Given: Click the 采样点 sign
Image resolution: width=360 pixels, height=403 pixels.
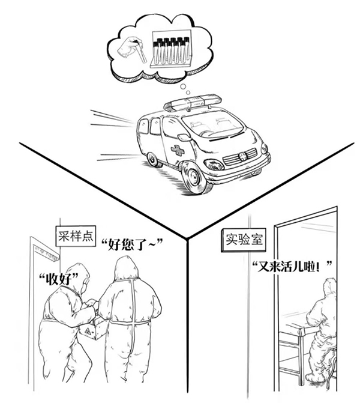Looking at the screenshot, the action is (76, 236).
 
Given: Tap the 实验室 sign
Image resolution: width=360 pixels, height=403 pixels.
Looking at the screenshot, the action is (244, 240).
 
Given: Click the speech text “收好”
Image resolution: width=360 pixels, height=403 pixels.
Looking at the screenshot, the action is (58, 278).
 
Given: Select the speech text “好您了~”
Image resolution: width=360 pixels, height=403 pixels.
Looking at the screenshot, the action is (132, 244).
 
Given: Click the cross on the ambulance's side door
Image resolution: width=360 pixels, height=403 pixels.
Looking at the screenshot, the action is (178, 150).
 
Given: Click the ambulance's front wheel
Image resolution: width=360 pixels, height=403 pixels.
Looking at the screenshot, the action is (193, 177).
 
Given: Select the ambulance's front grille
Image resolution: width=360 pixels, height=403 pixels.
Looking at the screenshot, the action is (239, 156).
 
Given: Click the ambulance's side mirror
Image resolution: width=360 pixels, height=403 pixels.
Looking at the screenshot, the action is (184, 138).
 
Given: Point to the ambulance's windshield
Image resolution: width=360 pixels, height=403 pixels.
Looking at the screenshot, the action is (212, 125).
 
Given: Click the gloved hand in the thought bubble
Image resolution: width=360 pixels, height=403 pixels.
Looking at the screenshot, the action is (129, 48).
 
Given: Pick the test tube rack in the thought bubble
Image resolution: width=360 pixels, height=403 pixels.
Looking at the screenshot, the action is (172, 49).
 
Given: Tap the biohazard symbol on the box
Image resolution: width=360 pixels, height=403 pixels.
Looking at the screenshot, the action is (86, 331).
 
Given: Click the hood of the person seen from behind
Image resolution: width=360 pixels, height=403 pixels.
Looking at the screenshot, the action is (127, 268).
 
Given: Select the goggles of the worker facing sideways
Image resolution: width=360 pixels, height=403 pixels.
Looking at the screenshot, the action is (86, 282).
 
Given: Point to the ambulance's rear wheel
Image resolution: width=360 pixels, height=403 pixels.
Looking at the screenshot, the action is (152, 159).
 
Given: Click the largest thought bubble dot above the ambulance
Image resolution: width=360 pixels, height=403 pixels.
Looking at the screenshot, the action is (183, 86).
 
